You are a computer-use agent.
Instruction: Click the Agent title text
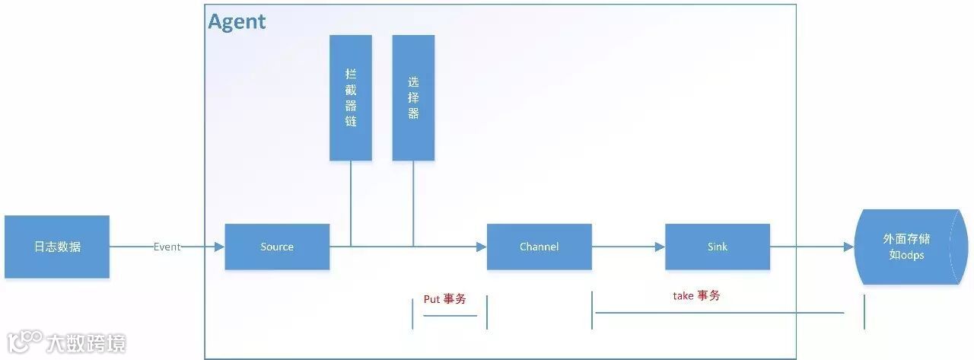pyautogui.click(x=237, y=22)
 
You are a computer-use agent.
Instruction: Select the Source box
pyautogui.click(x=277, y=247)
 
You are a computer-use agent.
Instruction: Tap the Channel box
pyautogui.click(x=539, y=247)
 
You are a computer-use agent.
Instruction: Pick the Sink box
pyautogui.click(x=717, y=247)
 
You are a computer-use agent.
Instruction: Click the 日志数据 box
pyautogui.click(x=57, y=247)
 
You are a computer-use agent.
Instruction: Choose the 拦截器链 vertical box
pyautogui.click(x=351, y=97)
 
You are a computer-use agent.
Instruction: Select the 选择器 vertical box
pyautogui.click(x=413, y=97)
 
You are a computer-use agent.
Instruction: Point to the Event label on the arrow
pyautogui.click(x=167, y=247)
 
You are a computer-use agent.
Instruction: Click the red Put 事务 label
pyautogui.click(x=444, y=299)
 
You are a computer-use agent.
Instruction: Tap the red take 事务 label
pyautogui.click(x=696, y=295)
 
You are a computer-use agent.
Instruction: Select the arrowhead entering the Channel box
pyautogui.click(x=482, y=247)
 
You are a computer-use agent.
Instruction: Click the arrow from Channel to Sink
pyautogui.click(x=628, y=247)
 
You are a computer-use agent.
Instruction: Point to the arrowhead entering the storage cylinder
pyautogui.click(x=848, y=247)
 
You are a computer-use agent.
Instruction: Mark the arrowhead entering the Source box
pyautogui.click(x=220, y=247)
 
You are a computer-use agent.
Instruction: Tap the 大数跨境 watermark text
pyautogui.click(x=85, y=343)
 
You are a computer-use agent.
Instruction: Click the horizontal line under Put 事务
pyautogui.click(x=449, y=315)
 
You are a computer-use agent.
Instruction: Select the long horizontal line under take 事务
pyautogui.click(x=719, y=312)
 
